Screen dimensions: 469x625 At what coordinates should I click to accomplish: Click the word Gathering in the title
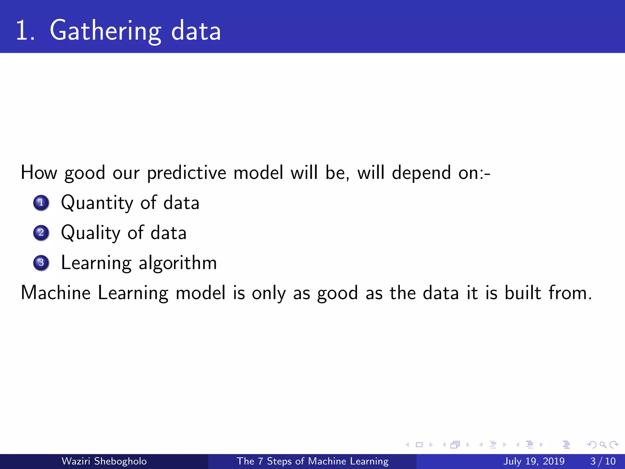105,31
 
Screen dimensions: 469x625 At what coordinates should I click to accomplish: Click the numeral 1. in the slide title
25,31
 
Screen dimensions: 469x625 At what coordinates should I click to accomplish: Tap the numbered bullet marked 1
41,203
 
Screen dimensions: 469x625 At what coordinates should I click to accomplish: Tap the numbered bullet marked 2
41,233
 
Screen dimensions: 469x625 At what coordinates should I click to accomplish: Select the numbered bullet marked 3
41,263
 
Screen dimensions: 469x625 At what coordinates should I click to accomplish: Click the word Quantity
97,203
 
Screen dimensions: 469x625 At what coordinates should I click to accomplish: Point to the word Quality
91,233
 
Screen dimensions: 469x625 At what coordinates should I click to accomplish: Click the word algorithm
178,263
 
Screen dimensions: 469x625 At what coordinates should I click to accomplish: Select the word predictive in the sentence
186,173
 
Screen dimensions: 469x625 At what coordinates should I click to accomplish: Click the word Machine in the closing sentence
56,293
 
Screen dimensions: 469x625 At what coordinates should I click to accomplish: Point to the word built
522,293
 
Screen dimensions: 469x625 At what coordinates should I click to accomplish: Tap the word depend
421,173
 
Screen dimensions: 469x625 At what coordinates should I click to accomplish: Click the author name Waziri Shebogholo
104,461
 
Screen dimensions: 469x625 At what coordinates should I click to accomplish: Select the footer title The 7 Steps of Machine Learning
312,461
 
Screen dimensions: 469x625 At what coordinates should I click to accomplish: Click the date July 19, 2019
534,461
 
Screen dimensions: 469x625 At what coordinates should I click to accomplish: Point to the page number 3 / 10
603,461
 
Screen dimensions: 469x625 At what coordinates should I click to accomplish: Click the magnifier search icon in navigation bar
603,445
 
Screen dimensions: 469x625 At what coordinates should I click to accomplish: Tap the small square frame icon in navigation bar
419,445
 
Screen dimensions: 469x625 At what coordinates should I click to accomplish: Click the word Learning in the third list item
96,263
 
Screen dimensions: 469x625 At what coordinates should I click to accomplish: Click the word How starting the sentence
39,173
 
